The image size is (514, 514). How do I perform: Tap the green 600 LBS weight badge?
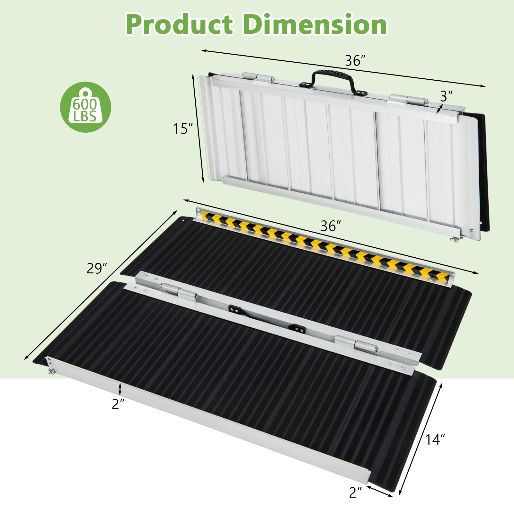(x=85, y=107)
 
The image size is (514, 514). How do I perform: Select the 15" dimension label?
(x=182, y=129)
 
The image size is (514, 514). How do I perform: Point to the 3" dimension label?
(x=446, y=96)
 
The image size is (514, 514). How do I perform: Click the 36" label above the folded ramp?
(x=355, y=61)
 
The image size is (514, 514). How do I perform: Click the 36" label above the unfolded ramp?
(x=331, y=226)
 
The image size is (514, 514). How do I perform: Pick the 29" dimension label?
(x=96, y=268)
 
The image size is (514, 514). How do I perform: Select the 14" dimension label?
(x=435, y=439)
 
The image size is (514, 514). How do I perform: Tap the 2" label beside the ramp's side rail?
(x=118, y=404)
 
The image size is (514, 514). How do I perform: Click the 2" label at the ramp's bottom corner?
(x=355, y=492)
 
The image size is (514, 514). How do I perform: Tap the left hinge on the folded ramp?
(x=259, y=78)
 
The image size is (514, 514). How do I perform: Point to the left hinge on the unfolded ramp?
(x=180, y=292)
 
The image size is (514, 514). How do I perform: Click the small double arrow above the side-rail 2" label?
(x=120, y=389)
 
